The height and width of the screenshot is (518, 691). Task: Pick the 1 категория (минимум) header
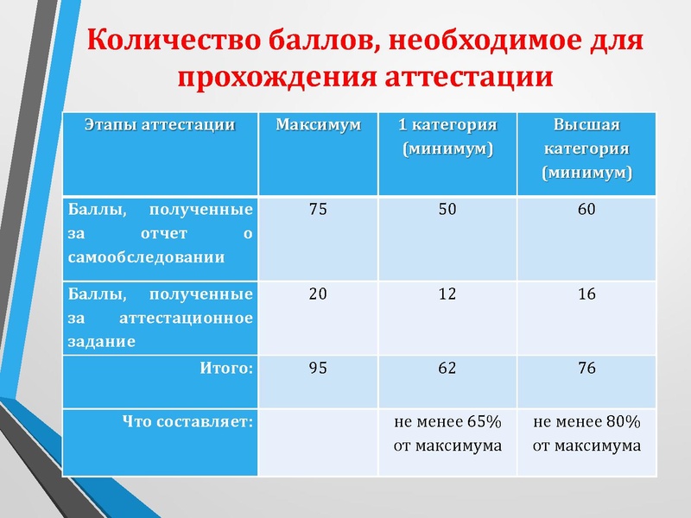pos(447,136)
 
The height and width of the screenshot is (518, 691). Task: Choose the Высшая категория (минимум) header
pos(586,148)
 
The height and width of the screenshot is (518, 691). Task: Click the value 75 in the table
pos(317,210)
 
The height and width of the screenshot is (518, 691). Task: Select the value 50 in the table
pos(447,210)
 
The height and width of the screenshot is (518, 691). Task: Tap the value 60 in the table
pos(586,210)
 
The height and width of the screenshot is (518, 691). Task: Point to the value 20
pos(317,294)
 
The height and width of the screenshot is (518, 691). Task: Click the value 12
pos(447,294)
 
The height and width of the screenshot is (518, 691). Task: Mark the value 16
pos(586,294)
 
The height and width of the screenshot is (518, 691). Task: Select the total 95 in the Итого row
pos(317,369)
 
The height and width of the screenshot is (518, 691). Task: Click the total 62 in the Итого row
pos(447,369)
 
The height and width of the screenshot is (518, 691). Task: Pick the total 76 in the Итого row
pos(586,369)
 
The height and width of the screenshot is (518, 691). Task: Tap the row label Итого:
pos(226,369)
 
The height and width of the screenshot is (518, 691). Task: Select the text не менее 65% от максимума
pos(447,433)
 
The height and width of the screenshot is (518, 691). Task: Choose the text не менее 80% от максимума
pos(586,433)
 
